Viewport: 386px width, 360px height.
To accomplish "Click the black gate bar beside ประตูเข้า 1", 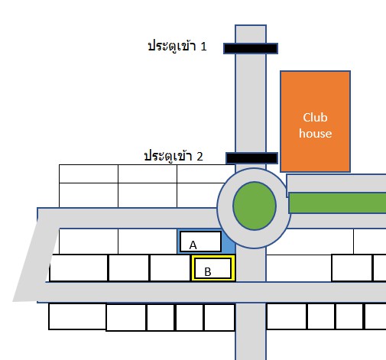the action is [x=251, y=48].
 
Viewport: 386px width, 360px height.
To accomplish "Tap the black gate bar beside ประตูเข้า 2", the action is [x=251, y=158].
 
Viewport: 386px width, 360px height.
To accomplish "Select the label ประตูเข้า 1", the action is [x=177, y=47].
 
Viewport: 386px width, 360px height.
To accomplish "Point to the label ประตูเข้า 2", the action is [x=174, y=156].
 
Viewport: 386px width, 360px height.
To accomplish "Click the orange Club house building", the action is [x=315, y=122].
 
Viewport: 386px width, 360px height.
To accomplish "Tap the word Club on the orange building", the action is [x=315, y=118].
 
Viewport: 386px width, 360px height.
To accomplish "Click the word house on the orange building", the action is [x=315, y=134].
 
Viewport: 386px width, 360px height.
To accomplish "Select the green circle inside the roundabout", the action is [x=255, y=206].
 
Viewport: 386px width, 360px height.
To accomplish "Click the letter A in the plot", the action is [x=193, y=245].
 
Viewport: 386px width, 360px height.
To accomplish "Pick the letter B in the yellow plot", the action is [x=208, y=272].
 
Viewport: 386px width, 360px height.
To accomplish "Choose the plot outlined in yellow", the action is [x=213, y=268].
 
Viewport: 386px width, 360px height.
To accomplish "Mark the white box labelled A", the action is [x=200, y=242].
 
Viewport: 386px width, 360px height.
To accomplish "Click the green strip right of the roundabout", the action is [x=337, y=203].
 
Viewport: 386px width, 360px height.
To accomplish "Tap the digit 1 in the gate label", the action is [x=203, y=47].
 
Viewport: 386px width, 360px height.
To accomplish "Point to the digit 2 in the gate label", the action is [x=199, y=157].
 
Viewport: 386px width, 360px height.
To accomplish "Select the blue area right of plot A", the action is [x=229, y=242].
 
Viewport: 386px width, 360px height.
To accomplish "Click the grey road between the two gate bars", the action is [x=251, y=103].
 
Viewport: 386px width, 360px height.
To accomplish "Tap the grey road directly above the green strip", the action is [x=336, y=183].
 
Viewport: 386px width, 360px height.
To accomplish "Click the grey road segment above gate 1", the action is [x=251, y=34].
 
